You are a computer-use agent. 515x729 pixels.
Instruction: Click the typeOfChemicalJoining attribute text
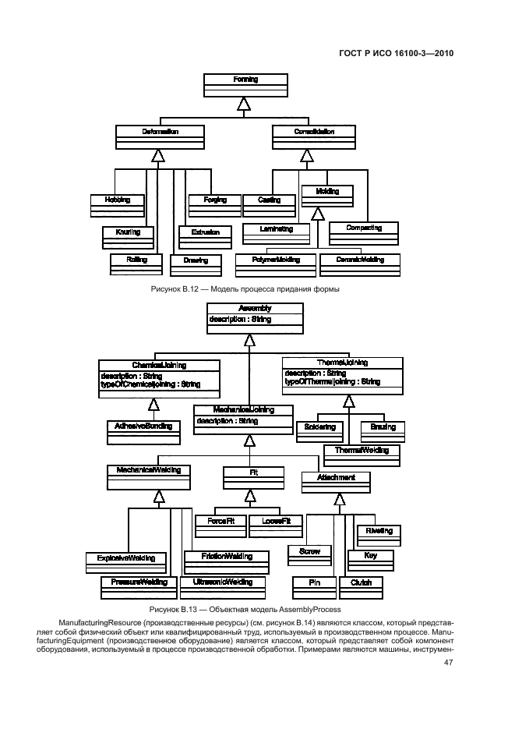coord(150,384)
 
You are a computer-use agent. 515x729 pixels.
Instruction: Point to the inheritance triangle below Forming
coord(244,104)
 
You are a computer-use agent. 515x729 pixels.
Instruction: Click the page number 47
coord(448,663)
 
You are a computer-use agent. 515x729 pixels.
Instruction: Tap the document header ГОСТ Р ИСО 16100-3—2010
coord(397,54)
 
